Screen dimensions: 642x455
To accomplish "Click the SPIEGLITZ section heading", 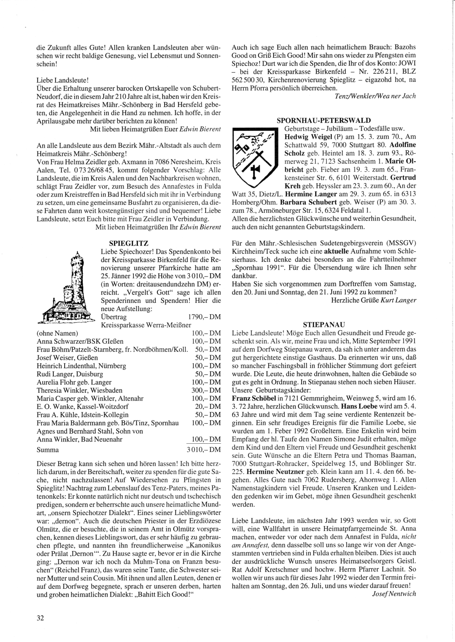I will [x=129, y=244].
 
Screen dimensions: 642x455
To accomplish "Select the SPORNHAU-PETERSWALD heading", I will [x=324, y=120].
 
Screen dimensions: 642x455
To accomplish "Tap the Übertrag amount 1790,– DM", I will [x=204, y=317].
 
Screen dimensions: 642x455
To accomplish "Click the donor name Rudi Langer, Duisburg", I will [x=66, y=374].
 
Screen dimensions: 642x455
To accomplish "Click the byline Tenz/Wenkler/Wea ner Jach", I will [x=375, y=96].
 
